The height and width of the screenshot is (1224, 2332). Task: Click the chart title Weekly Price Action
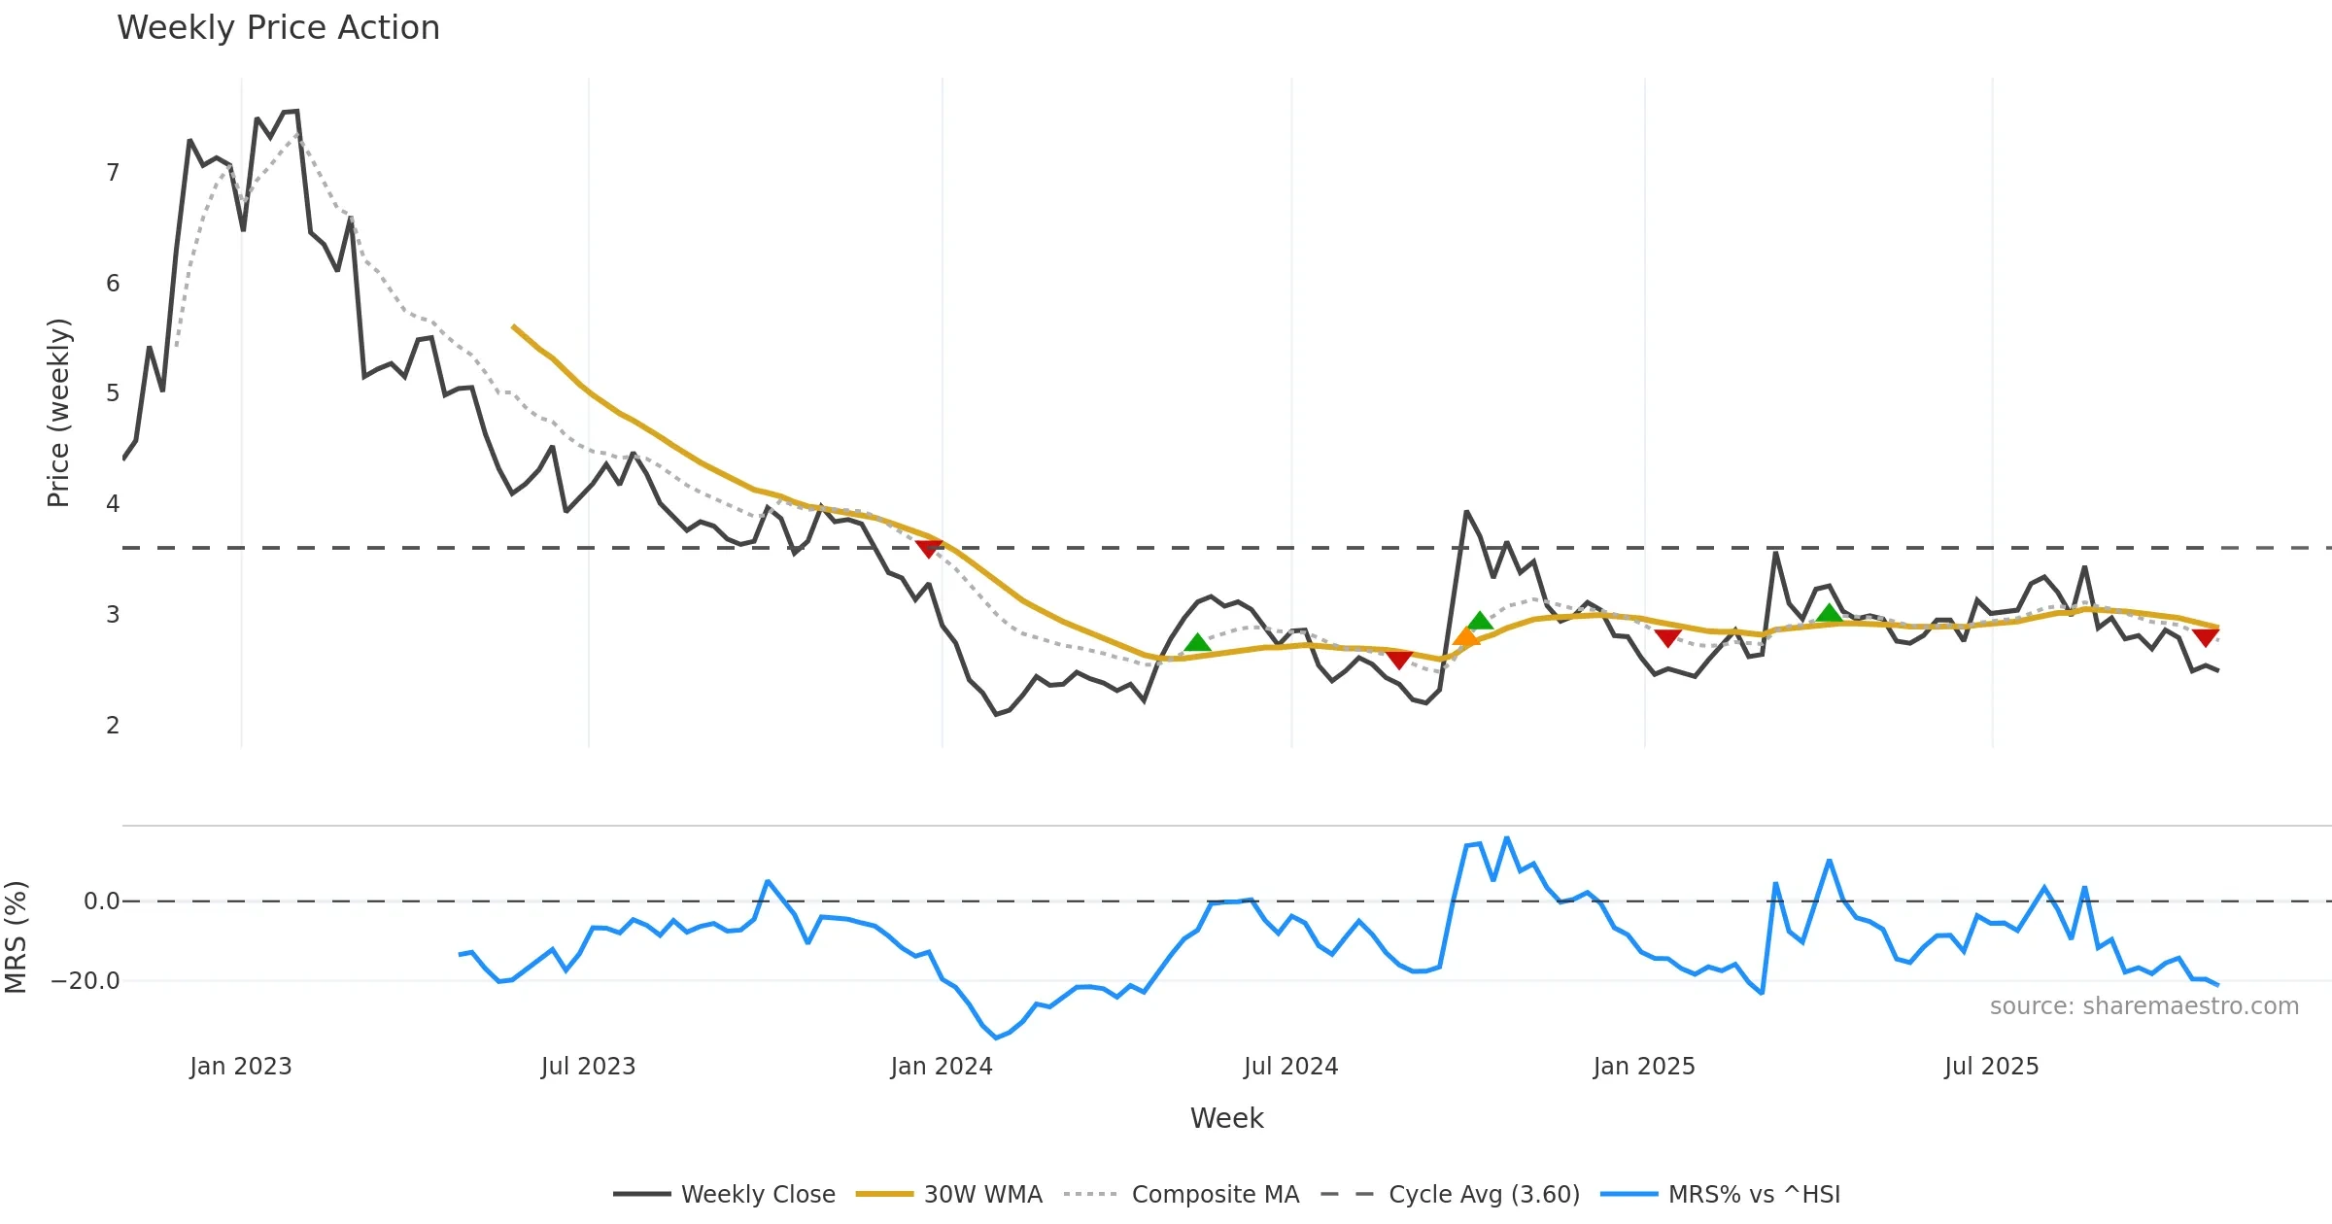(278, 28)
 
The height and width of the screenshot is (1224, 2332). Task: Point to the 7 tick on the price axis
(113, 173)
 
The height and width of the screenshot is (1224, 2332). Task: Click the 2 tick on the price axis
(113, 725)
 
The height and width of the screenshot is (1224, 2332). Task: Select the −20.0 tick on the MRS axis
(86, 981)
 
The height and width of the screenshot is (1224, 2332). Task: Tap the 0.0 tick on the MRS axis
(101, 901)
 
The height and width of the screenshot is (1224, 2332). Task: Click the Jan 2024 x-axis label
(942, 1067)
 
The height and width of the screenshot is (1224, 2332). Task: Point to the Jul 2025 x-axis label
(1991, 1067)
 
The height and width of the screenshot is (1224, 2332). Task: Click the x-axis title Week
(1226, 1118)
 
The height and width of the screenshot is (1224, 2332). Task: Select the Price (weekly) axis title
(58, 413)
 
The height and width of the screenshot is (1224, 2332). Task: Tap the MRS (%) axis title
(16, 936)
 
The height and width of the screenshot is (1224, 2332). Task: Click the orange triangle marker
(1465, 637)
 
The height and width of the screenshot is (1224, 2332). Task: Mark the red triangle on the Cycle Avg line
(929, 549)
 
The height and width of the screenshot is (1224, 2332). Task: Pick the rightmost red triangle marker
(2206, 637)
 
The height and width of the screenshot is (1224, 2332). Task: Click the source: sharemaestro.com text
(2143, 1006)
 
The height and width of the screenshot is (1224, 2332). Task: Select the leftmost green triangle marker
(1197, 642)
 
